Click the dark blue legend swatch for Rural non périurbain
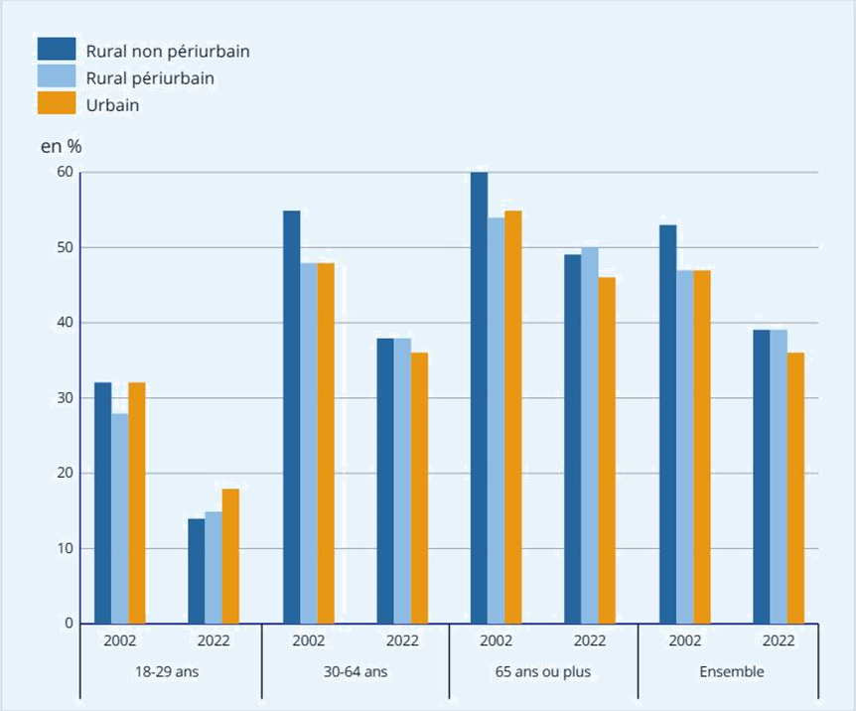coord(57,49)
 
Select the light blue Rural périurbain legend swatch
coord(57,75)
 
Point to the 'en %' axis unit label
coord(62,146)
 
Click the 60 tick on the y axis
coord(66,172)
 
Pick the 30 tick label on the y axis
coord(66,398)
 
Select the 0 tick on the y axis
coord(70,624)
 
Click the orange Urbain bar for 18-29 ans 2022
coord(230,556)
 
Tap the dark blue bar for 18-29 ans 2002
coord(102,502)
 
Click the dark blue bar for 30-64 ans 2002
coord(291,417)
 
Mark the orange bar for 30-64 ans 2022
coord(419,488)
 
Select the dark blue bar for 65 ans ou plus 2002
coord(479,397)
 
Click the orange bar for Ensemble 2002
coord(701,447)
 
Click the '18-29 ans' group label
coord(167,671)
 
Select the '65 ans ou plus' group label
coord(542,671)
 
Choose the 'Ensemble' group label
coord(732,671)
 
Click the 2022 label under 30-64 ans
coord(402,640)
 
